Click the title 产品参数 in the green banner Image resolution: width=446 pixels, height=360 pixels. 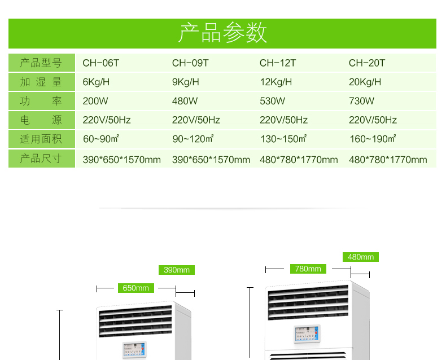coord(222,33)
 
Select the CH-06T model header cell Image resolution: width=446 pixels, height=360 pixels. coord(101,63)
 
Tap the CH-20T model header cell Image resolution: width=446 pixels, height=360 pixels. coord(367,63)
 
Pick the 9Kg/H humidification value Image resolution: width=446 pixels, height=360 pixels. coord(186,82)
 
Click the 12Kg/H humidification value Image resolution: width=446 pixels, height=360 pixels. coord(276,82)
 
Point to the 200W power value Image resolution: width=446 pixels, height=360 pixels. coord(95,101)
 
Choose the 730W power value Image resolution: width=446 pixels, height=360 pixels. coord(361,101)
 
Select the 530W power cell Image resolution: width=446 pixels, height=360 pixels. coord(273,101)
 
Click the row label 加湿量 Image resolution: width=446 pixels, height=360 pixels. coord(41,82)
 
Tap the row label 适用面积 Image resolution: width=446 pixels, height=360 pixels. coord(41,139)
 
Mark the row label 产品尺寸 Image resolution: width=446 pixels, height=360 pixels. coord(41,158)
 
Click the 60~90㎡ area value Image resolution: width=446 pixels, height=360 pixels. coord(100,139)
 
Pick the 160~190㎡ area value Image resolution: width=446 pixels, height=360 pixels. coord(373,139)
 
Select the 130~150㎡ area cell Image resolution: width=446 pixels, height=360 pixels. coord(283,139)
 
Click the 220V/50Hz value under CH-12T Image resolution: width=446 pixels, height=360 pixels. coord(283,120)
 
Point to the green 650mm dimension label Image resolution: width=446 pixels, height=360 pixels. coord(135,288)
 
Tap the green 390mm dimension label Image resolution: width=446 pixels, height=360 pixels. coord(177,270)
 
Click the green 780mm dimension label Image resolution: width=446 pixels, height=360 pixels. coord(308,269)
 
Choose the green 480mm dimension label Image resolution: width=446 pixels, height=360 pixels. coord(361,257)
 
